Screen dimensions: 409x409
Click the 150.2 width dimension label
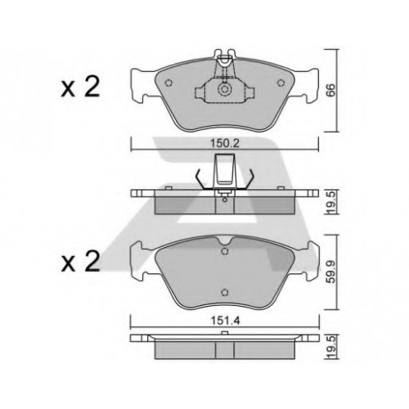pyautogui.click(x=225, y=143)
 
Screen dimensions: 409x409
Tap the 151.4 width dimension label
pyautogui.click(x=225, y=321)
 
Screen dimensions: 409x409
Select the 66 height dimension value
pyautogui.click(x=330, y=90)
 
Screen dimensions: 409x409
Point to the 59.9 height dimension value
pyautogui.click(x=331, y=272)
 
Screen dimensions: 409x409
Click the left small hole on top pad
pyautogui.click(x=169, y=83)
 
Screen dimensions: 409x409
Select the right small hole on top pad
pyautogui.click(x=281, y=83)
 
